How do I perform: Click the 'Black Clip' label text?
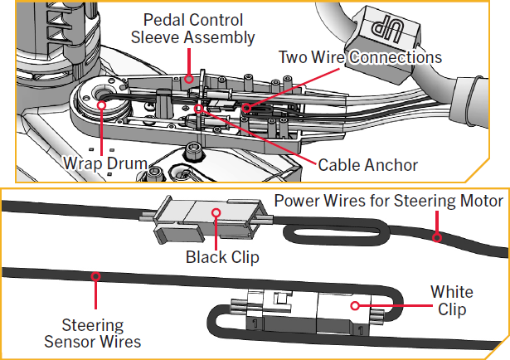click(221, 257)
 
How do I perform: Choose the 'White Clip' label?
click(452, 300)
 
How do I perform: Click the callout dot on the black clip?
click(218, 212)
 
